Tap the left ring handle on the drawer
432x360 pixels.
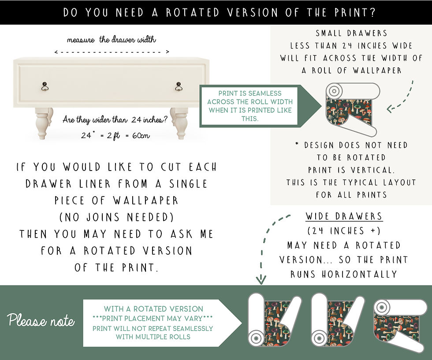pos(45,86)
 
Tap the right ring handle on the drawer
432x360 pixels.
pos(178,86)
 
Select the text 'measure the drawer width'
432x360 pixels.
pos(112,40)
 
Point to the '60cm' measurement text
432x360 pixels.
pos(140,135)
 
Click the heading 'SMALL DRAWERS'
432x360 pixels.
pos(351,33)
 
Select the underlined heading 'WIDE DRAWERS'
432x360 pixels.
pos(344,216)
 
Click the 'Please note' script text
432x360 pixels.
pos(41,321)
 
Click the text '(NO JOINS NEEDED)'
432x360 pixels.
pos(116,217)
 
